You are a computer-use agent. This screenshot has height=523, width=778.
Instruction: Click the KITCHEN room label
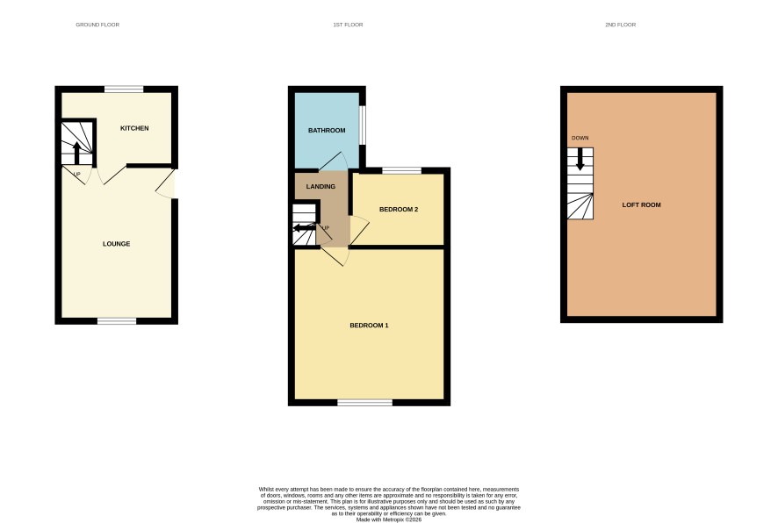(x=134, y=128)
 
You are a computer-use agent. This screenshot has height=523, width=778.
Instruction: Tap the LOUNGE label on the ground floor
(x=117, y=244)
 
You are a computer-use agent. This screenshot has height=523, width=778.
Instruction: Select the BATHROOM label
(x=327, y=131)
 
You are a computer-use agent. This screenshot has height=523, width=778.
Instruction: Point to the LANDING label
(x=321, y=186)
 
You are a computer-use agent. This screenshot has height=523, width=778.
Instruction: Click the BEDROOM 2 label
(x=399, y=209)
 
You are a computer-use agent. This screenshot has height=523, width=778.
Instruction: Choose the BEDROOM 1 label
(x=369, y=326)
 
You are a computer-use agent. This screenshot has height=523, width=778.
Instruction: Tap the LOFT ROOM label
(x=642, y=204)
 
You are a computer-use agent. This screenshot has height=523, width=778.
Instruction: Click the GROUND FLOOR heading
(x=97, y=25)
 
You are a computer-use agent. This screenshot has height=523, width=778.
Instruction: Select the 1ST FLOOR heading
(x=348, y=25)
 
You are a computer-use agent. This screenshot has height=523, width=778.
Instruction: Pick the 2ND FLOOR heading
(x=620, y=25)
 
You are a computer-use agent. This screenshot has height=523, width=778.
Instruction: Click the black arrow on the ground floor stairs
(x=76, y=154)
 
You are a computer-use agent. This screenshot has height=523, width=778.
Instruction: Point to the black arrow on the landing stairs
(x=304, y=228)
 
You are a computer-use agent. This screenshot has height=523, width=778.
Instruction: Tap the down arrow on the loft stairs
(x=580, y=160)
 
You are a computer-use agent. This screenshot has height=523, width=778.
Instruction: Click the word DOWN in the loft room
(x=580, y=138)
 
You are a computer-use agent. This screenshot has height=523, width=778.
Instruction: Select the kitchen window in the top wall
(x=124, y=90)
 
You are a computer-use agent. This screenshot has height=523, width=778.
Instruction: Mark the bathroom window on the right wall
(x=363, y=125)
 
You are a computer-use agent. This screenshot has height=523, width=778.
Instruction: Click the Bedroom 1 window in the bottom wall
(x=364, y=403)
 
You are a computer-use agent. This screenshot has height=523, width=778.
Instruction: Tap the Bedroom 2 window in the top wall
(x=402, y=171)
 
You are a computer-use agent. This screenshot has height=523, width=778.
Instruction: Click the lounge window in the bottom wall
(x=117, y=321)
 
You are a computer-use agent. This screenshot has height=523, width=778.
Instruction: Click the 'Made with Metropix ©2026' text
(x=389, y=519)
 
